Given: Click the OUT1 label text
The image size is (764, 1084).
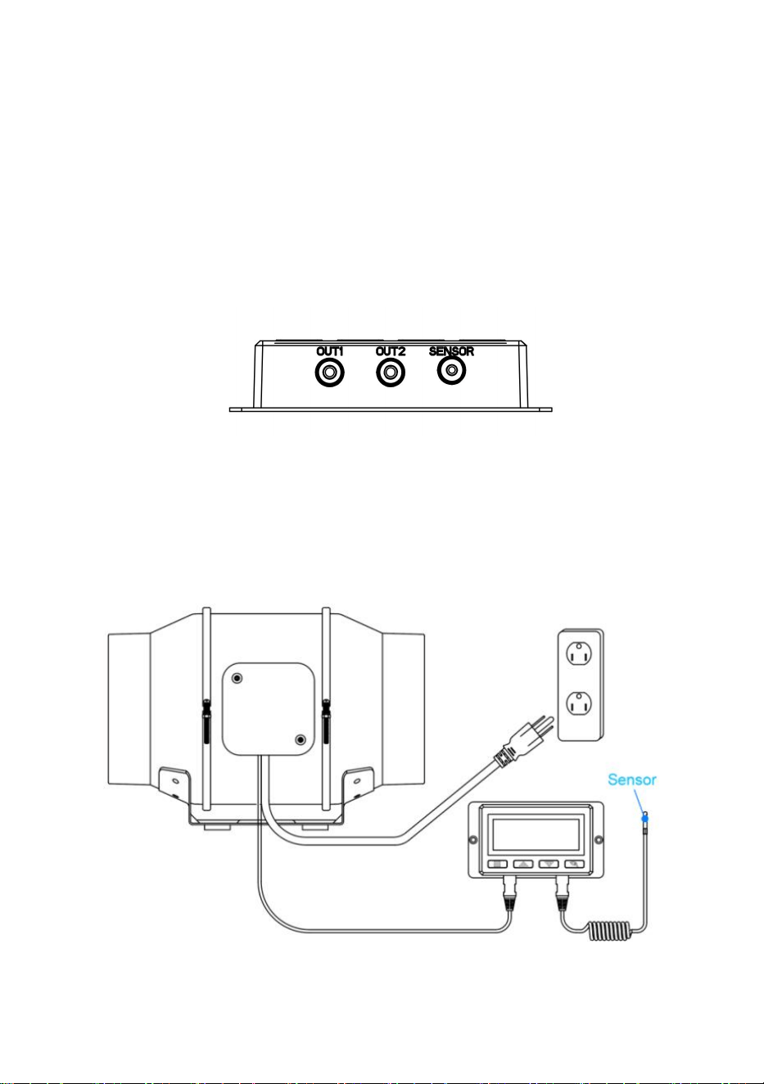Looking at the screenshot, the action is tap(330, 352).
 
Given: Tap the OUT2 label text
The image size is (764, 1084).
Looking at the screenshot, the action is tap(391, 352).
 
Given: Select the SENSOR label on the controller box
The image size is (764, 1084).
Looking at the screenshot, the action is tap(451, 352).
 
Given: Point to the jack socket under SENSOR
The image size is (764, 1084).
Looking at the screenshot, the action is tap(451, 371).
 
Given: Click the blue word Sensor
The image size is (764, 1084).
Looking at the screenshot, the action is tap(632, 779).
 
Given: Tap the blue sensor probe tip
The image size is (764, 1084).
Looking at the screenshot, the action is tap(644, 818).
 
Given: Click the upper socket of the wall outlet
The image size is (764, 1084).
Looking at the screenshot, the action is tap(580, 655).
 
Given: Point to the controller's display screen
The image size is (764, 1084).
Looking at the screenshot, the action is tap(536, 835).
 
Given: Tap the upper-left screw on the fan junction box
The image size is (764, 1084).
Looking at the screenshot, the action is tap(237, 679).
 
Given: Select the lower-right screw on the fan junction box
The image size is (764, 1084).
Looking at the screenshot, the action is tap(301, 740).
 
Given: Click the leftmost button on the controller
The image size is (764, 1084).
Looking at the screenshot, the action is tap(497, 864).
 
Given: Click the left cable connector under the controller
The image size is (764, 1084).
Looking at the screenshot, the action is tap(510, 894).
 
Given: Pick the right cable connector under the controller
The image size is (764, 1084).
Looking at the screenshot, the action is tap(562, 894).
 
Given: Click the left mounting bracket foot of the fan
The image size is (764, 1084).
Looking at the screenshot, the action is tap(174, 784).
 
